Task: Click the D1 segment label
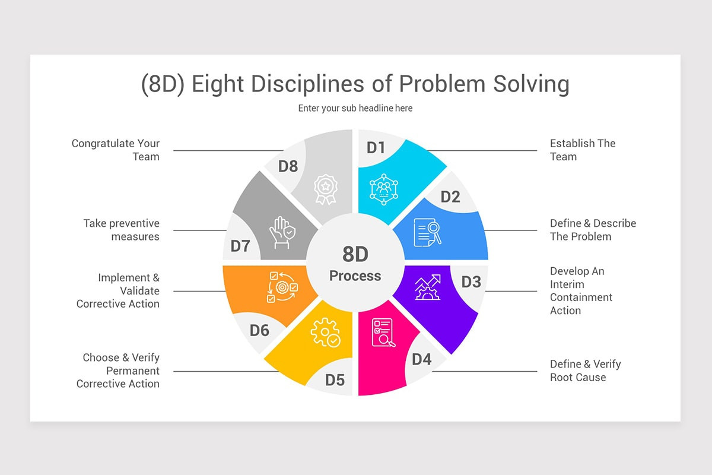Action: [x=376, y=147]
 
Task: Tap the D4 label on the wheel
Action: [x=421, y=359]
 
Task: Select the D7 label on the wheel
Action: [x=240, y=246]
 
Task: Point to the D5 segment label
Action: [x=335, y=380]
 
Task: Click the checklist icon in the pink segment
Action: [x=383, y=332]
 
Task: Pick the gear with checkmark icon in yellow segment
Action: [x=325, y=332]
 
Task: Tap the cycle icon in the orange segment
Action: [x=282, y=287]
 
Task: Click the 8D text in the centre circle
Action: [x=355, y=254]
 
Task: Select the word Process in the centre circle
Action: [x=355, y=275]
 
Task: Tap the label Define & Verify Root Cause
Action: [x=585, y=370]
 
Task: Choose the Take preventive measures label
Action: [x=122, y=230]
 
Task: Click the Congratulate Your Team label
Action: [x=116, y=150]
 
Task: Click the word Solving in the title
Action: [x=531, y=84]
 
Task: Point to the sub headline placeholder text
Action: [x=355, y=108]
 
